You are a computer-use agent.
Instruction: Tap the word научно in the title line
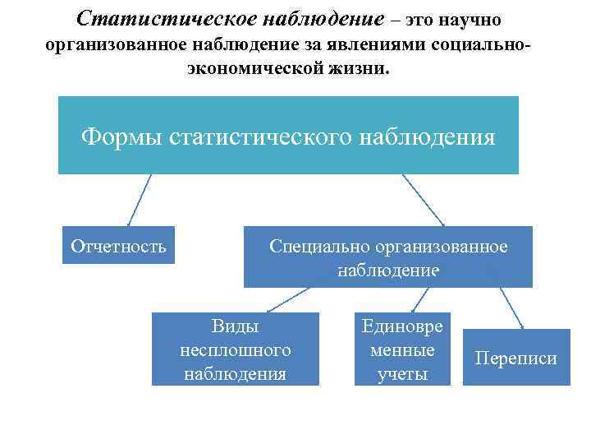[465, 18]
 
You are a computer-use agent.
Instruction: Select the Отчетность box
[119, 245]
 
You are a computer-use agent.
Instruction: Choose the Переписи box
[516, 358]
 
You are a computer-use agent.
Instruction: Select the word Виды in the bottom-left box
[235, 326]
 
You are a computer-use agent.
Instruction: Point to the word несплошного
[235, 350]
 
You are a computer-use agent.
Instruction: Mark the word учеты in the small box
[402, 374]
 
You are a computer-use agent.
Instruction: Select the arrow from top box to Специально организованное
[424, 200]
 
